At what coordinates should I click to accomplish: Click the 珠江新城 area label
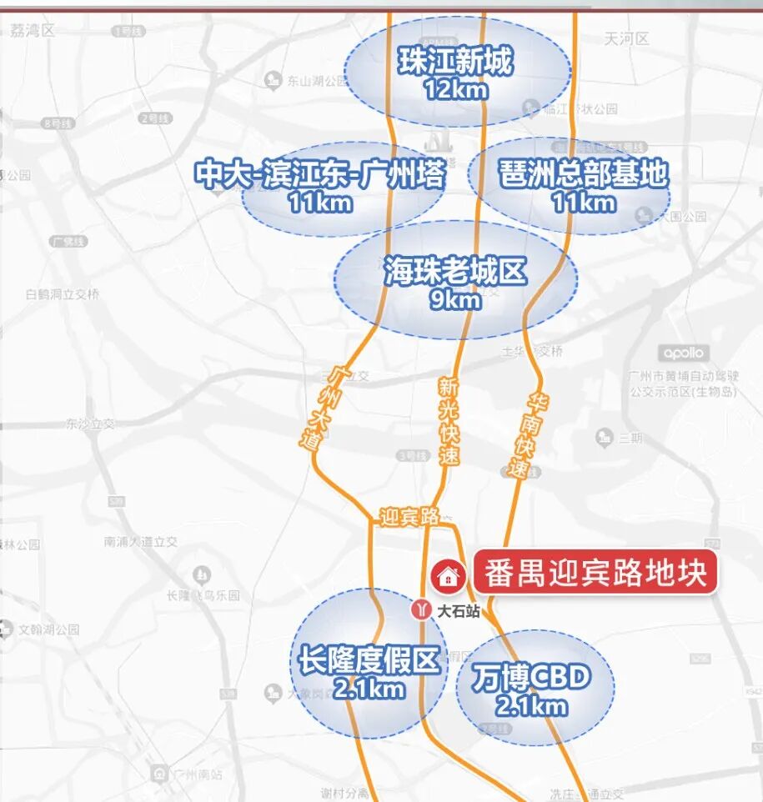[x=454, y=63]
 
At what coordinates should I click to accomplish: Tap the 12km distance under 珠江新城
[x=454, y=88]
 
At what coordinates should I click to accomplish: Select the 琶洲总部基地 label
[x=584, y=174]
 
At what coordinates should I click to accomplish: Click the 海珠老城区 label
[x=455, y=272]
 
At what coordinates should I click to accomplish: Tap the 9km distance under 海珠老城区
[x=455, y=298]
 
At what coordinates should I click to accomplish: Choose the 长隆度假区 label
[x=368, y=662]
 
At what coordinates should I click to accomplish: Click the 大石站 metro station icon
[x=421, y=610]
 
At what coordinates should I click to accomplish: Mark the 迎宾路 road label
[x=409, y=517]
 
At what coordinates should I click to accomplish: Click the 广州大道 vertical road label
[x=324, y=408]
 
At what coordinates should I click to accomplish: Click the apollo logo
[x=685, y=353]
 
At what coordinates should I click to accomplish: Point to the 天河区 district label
[x=621, y=38]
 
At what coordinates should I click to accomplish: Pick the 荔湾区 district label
[x=33, y=31]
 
